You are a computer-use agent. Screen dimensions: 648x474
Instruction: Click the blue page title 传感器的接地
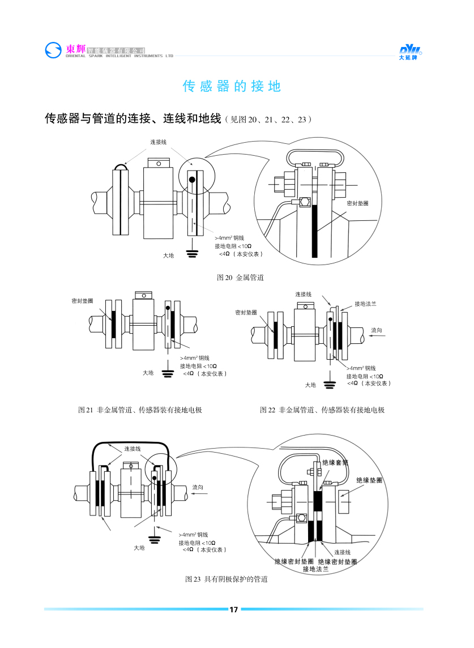tap(232, 87)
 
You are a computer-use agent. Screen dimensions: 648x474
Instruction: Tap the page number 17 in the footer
tap(233, 609)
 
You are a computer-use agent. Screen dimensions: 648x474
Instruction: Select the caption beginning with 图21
tap(140, 410)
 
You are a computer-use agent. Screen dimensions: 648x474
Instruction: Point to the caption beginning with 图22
tap(322, 410)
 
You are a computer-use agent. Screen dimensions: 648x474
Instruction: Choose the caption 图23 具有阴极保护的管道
tap(227, 579)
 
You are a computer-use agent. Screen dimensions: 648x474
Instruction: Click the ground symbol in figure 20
tap(193, 253)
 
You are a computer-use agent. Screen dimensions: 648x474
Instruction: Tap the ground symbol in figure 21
tap(167, 373)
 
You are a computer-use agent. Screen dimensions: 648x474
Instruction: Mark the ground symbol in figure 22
tap(330, 385)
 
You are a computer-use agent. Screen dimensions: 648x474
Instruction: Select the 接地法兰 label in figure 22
tap(365, 304)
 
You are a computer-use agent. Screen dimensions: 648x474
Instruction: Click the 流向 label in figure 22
tap(377, 330)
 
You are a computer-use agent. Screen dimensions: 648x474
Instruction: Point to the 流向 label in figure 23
tap(198, 487)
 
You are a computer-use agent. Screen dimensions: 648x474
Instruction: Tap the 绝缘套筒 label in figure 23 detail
tap(335, 463)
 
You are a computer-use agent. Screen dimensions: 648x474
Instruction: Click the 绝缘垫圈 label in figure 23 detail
tap(369, 480)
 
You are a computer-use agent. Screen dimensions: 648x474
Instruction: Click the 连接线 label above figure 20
tap(158, 142)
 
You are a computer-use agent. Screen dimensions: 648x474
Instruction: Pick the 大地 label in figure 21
tap(148, 373)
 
